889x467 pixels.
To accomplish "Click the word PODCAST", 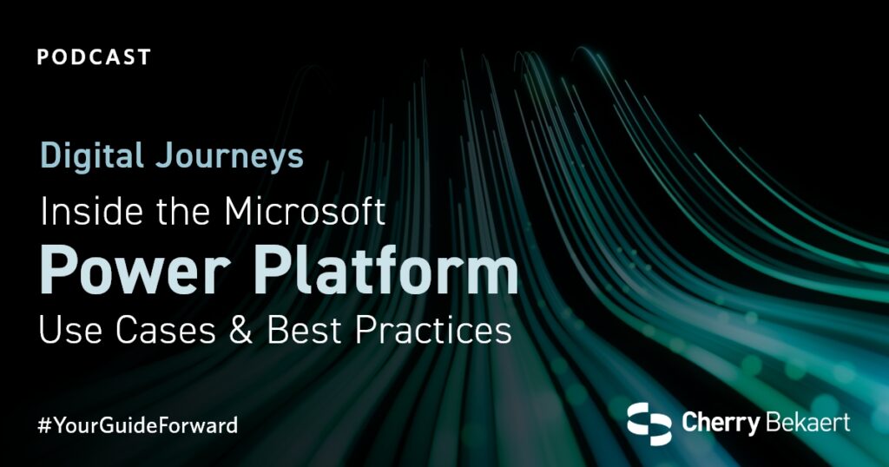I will point(94,58).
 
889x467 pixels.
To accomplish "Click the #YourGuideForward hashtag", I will point(138,426).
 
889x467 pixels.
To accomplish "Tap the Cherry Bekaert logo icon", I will point(649,424).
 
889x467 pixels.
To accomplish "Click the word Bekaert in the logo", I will point(807,423).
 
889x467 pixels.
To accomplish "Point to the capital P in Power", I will point(56,271).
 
